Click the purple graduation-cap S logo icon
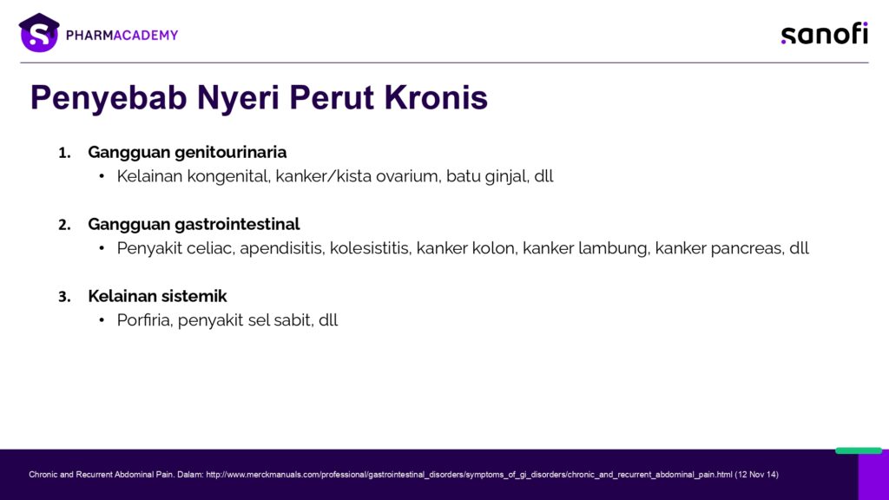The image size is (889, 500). (x=39, y=33)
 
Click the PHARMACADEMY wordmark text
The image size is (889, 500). (x=122, y=35)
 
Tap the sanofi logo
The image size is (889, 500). (x=825, y=34)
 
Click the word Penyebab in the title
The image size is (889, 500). (x=109, y=97)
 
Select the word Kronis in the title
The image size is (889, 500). (x=436, y=97)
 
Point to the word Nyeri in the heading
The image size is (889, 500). (x=238, y=97)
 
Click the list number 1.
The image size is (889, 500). (x=64, y=153)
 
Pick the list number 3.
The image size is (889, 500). (x=64, y=297)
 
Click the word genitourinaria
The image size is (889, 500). (x=231, y=152)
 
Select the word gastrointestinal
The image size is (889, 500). (x=238, y=224)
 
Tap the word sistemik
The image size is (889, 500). (x=194, y=296)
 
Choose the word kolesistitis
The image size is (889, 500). (x=370, y=248)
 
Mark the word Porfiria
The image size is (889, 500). (x=145, y=320)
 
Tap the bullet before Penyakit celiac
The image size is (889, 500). (x=102, y=248)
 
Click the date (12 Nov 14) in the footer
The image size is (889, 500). (x=756, y=475)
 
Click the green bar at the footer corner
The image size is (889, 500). (x=859, y=451)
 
